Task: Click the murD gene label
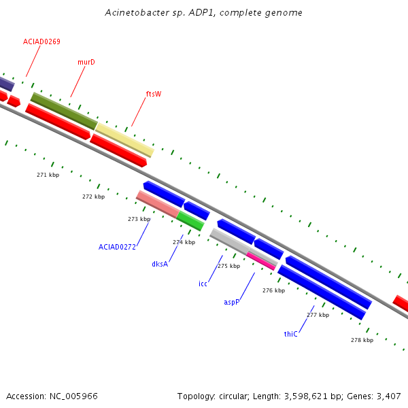click(86, 62)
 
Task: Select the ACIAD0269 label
click(41, 41)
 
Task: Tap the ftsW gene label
click(154, 94)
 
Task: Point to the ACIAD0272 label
click(117, 247)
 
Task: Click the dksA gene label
click(160, 264)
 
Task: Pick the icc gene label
click(203, 284)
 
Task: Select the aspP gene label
click(232, 303)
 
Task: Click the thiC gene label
click(290, 334)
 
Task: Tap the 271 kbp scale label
click(48, 175)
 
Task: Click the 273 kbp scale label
click(139, 219)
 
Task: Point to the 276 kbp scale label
click(274, 290)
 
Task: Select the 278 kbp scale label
click(362, 340)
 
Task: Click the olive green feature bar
click(65, 111)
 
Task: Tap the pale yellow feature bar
click(124, 140)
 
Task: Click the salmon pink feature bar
click(158, 204)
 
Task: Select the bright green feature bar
click(190, 221)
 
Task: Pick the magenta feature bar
click(261, 261)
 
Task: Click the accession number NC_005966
click(73, 396)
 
